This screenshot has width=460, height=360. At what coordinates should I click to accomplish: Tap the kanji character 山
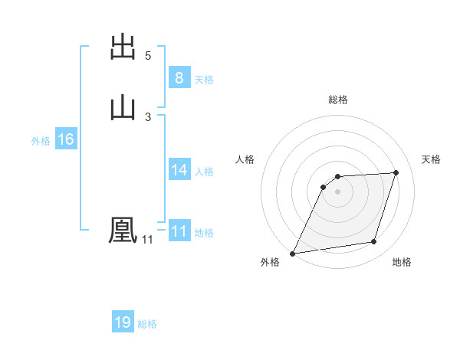click(123, 106)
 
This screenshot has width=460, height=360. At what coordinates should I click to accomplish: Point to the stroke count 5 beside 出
click(148, 56)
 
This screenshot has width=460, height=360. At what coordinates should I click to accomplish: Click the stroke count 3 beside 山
click(148, 116)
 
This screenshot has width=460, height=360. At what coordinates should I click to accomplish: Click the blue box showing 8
click(179, 78)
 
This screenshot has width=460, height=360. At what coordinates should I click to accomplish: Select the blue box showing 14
click(179, 170)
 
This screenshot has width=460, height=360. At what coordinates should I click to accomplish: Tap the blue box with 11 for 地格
click(179, 231)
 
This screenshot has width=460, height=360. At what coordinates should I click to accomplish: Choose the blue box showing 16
click(65, 139)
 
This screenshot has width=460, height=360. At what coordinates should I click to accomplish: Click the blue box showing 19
click(123, 322)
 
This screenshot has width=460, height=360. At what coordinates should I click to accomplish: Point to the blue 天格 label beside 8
click(204, 80)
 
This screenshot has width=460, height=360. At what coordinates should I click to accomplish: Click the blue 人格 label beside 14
click(204, 172)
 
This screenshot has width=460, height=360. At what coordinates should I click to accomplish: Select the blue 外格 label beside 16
click(41, 141)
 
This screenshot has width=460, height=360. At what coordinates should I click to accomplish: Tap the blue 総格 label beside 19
click(147, 324)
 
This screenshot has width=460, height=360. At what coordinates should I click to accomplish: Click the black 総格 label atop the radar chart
click(337, 100)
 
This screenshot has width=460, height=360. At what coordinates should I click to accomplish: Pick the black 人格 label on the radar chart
click(245, 159)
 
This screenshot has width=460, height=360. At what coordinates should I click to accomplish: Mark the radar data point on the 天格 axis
click(396, 172)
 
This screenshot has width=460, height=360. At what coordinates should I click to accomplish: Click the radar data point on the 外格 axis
click(292, 253)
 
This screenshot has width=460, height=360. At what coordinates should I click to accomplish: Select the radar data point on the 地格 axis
click(374, 242)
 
